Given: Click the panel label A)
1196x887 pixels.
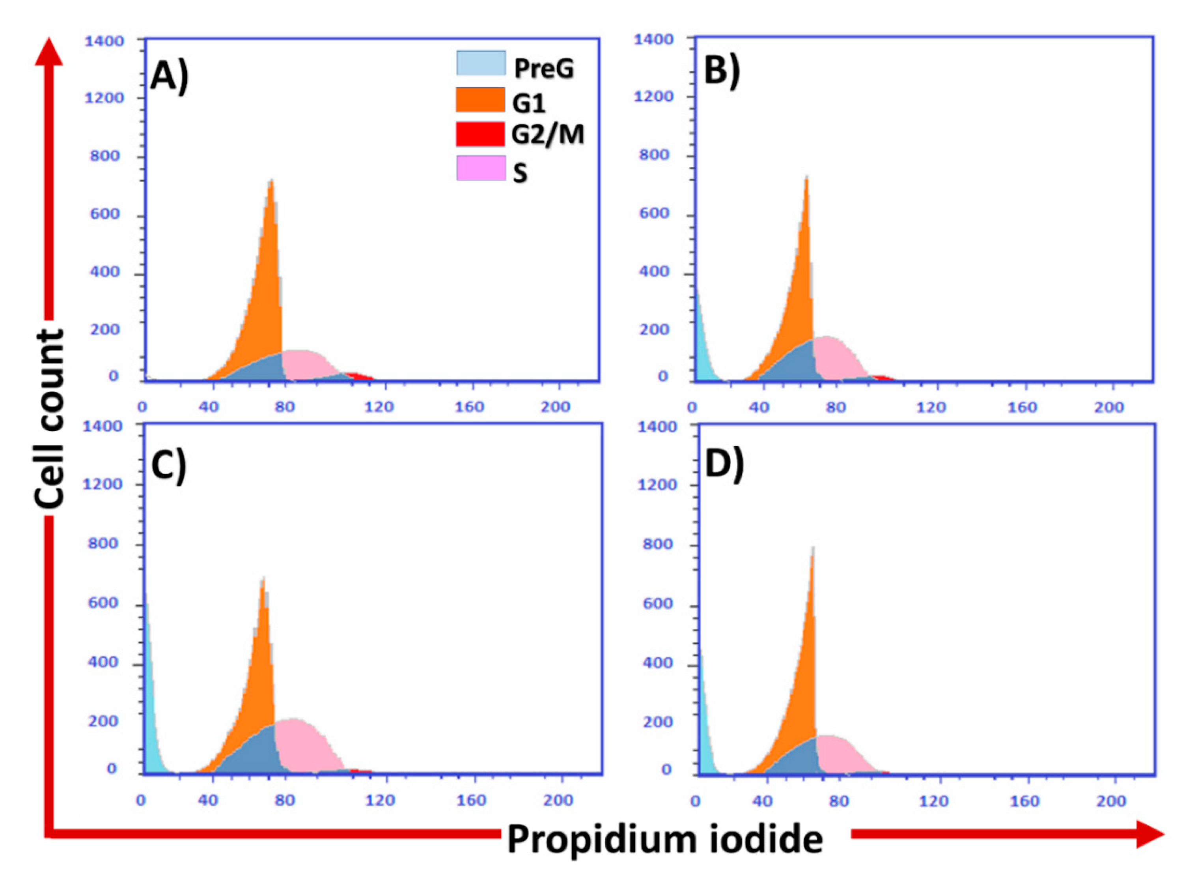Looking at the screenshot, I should (170, 76).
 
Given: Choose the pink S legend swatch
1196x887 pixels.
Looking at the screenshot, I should (480, 168).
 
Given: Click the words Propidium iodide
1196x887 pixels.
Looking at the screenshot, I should (665, 839).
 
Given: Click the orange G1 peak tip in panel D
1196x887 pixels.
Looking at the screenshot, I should (812, 550).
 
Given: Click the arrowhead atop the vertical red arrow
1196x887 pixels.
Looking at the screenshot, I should (48, 51).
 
